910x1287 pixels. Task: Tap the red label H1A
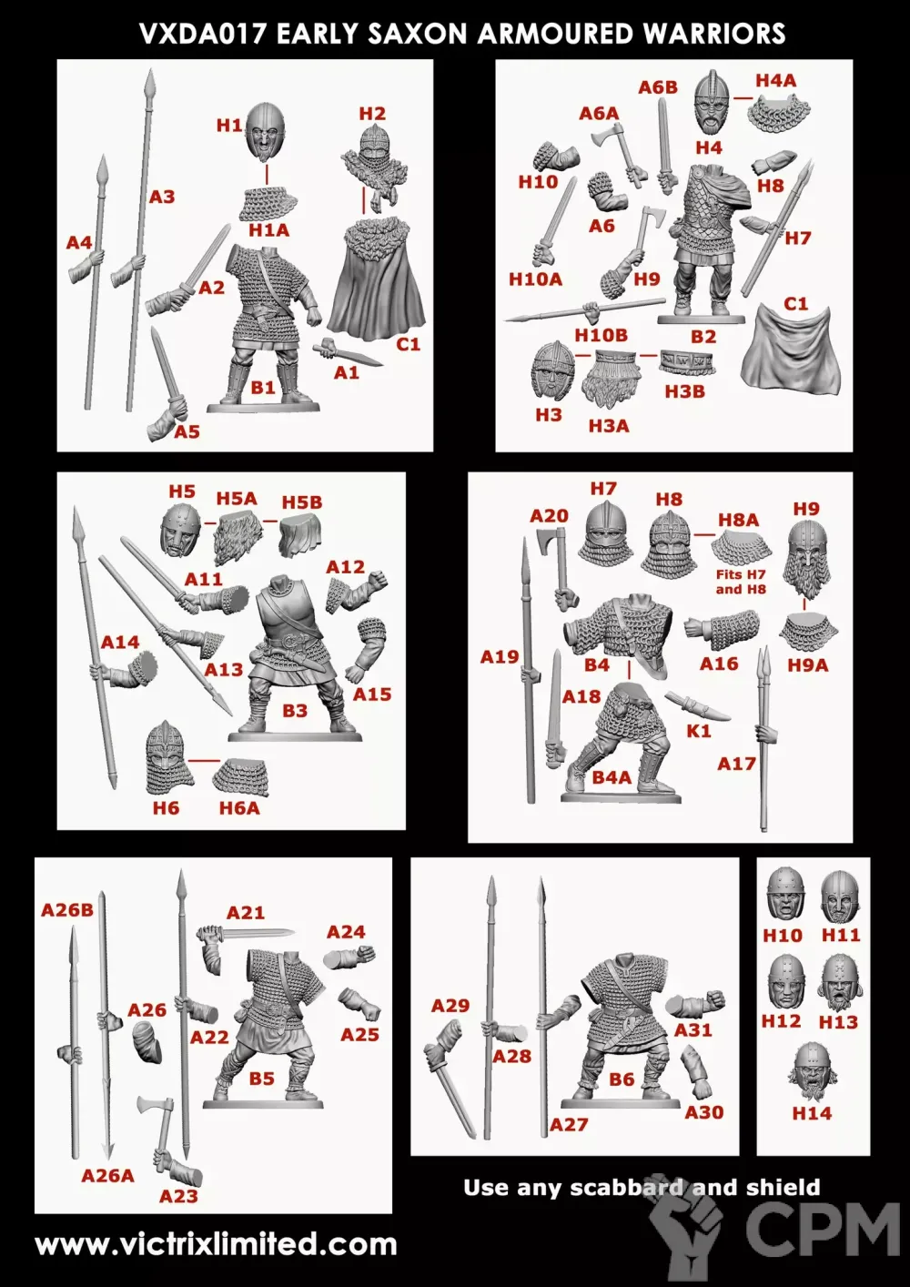pyautogui.click(x=268, y=230)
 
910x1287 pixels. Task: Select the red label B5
pyautogui.click(x=261, y=1079)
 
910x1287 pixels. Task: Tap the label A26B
pyautogui.click(x=67, y=910)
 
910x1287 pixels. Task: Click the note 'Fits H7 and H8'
pyautogui.click(x=741, y=582)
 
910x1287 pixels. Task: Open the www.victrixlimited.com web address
pyautogui.click(x=216, y=1245)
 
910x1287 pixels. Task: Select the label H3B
pyautogui.click(x=684, y=391)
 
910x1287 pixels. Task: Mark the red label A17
pyautogui.click(x=736, y=764)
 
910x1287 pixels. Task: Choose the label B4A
pyautogui.click(x=612, y=777)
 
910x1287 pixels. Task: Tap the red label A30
pyautogui.click(x=703, y=1112)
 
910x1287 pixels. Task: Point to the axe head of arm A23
pyautogui.click(x=154, y=1106)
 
